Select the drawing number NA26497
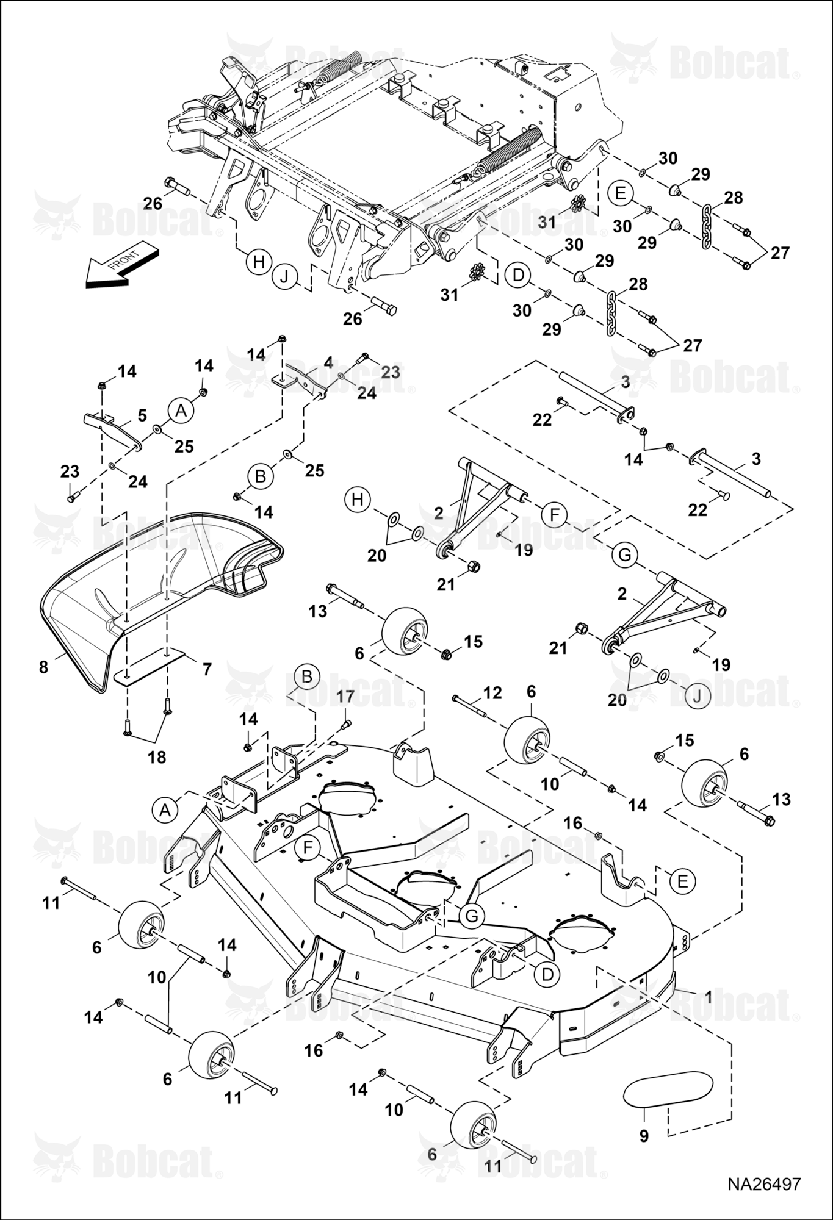click(x=763, y=1184)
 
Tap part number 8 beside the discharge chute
click(x=43, y=667)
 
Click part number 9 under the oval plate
click(x=644, y=1136)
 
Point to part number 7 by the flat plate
click(x=206, y=669)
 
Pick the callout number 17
click(x=345, y=696)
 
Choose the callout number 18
click(x=157, y=757)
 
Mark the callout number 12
click(x=492, y=692)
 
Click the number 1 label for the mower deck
click(x=708, y=997)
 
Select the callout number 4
click(x=328, y=363)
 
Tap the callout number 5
click(x=142, y=415)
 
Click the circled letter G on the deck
click(x=471, y=916)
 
